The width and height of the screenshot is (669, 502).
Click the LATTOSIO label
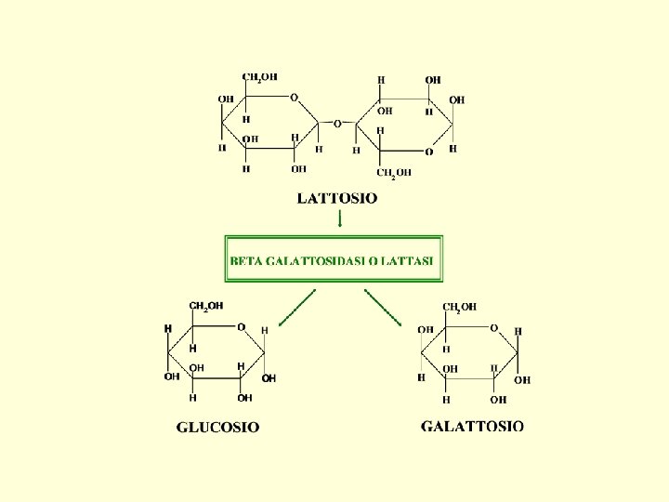[337, 198]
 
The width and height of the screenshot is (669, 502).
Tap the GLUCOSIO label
[218, 428]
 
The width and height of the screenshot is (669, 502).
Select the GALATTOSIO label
[472, 427]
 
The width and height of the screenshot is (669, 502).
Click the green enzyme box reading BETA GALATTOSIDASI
[334, 258]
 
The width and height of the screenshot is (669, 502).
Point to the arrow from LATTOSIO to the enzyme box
[339, 219]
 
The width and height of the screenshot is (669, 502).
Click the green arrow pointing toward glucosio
[297, 308]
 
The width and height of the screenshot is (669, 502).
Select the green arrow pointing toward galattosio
[382, 308]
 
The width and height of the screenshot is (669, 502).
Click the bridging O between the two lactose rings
[337, 122]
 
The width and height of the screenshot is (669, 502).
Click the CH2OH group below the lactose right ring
[394, 172]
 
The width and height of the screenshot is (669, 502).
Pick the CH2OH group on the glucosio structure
[205, 306]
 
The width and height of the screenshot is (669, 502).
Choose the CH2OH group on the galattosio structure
[459, 306]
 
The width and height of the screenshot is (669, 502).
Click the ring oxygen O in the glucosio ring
[241, 327]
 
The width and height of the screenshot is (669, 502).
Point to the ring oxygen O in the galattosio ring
[494, 327]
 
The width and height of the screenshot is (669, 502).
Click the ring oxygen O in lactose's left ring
[294, 97]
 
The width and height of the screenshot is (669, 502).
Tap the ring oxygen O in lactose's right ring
[428, 152]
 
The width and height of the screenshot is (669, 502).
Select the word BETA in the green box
[246, 261]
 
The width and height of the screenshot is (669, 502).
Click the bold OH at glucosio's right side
[269, 378]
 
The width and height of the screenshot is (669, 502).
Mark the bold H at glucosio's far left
[168, 328]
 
